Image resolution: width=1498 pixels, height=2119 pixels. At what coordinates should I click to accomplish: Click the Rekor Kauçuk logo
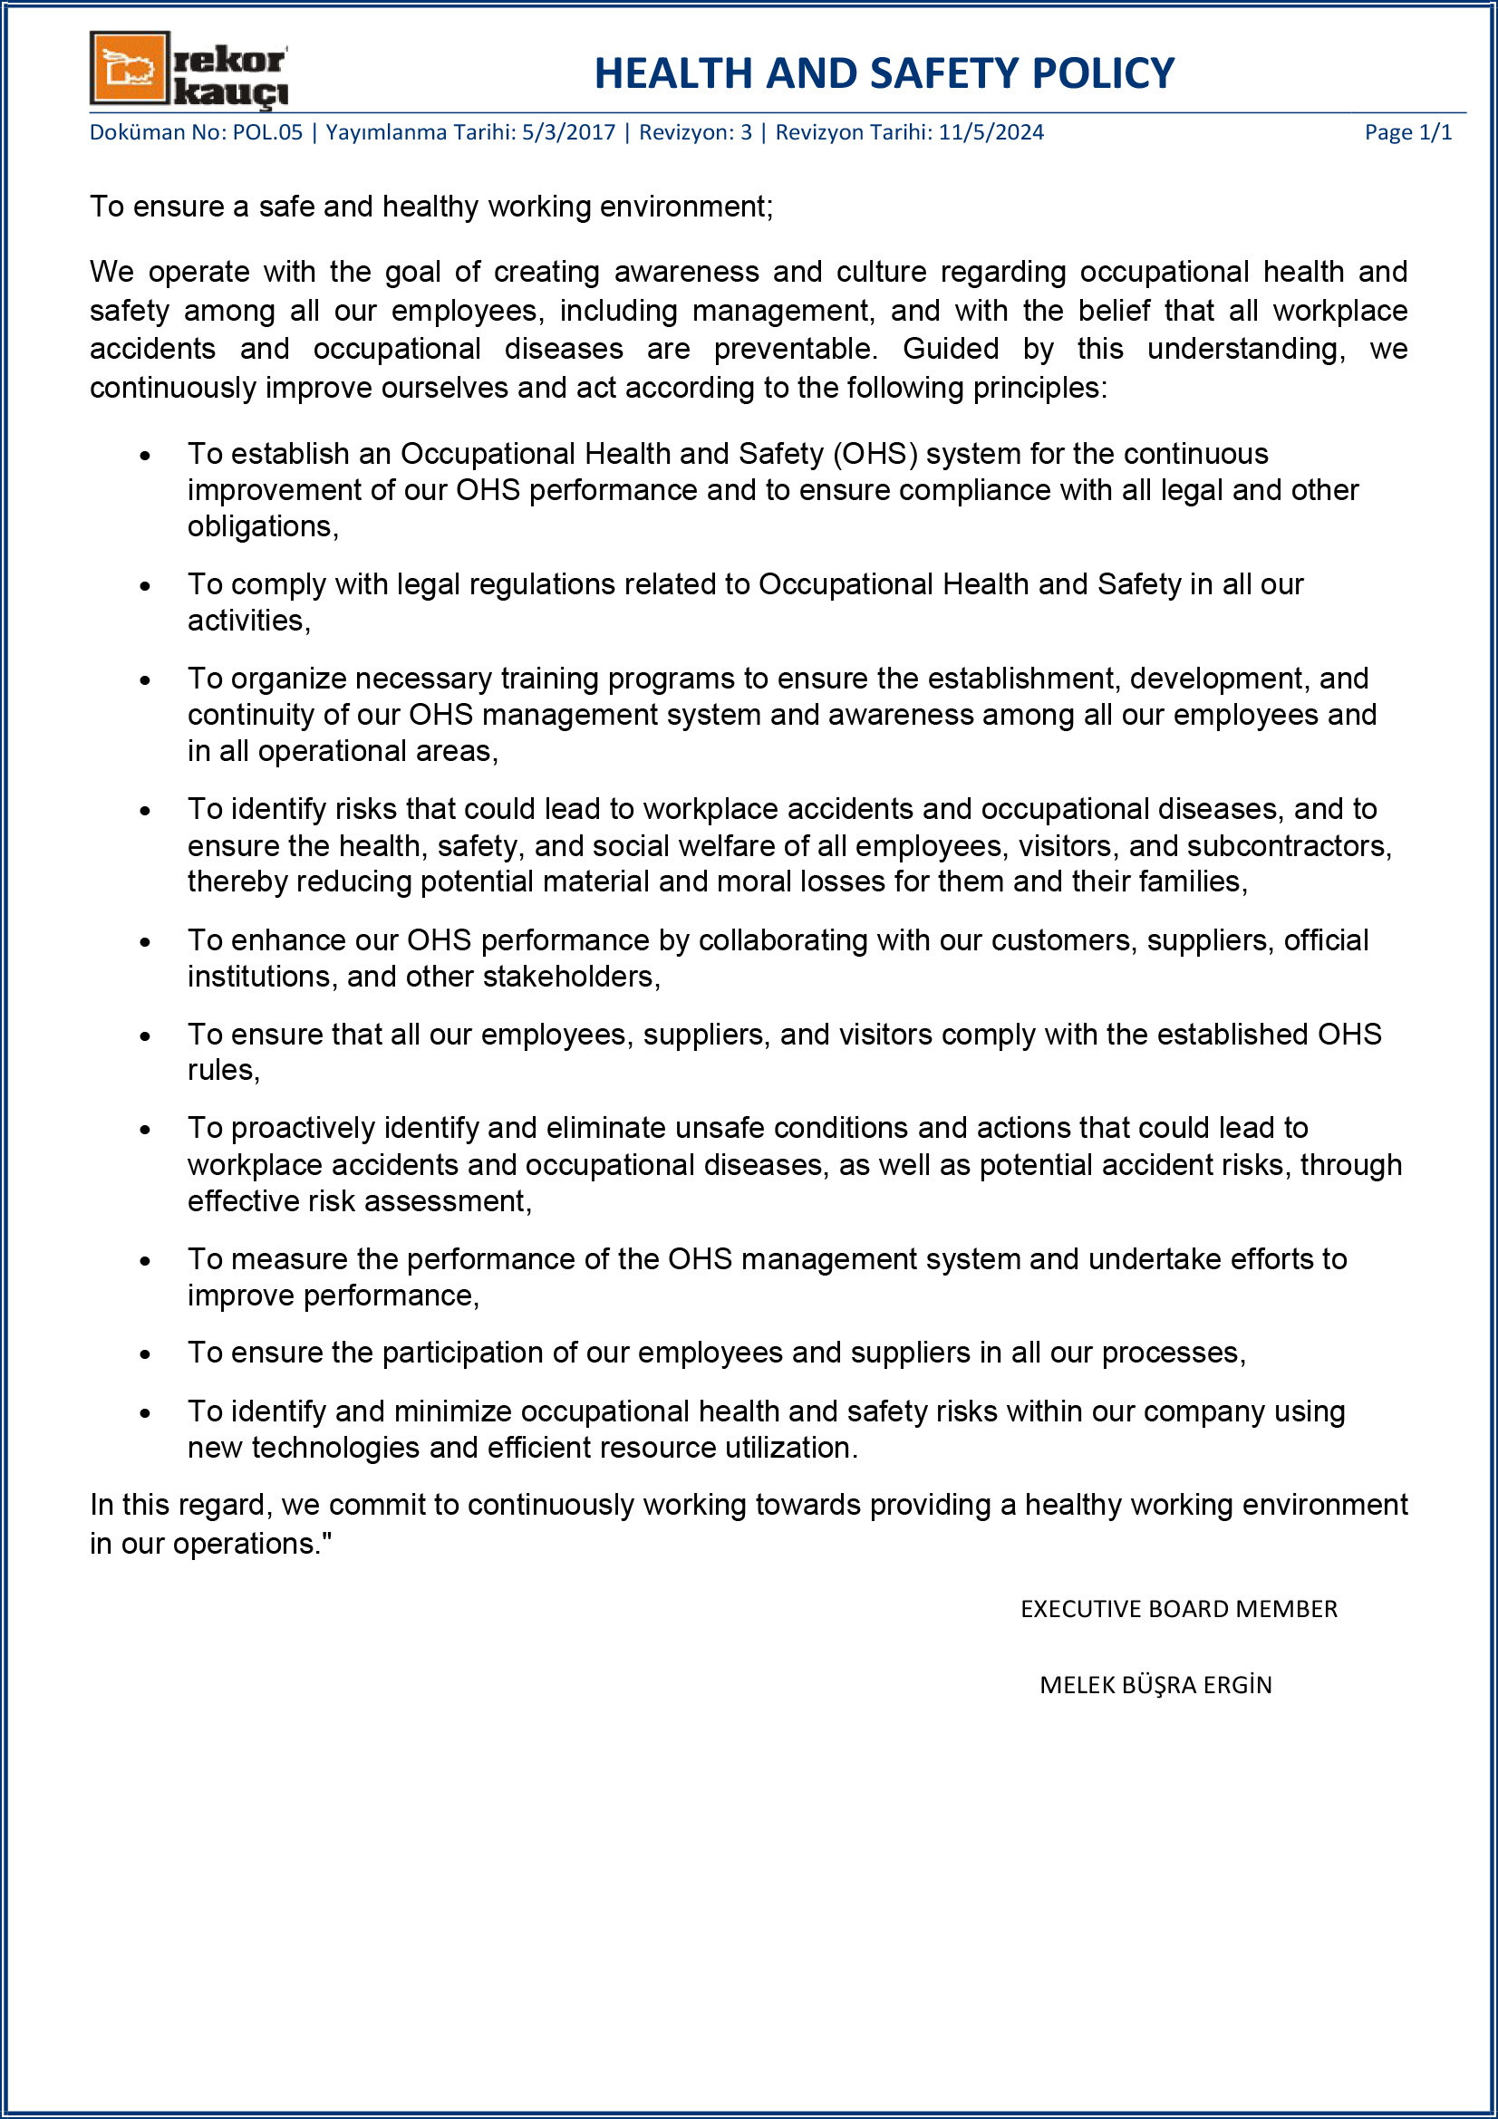point(188,69)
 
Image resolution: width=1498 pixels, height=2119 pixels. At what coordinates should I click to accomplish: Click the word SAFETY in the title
point(943,73)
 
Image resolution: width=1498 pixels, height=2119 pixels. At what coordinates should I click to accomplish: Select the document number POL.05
point(266,133)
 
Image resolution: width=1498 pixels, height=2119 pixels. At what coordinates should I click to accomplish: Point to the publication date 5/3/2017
point(567,133)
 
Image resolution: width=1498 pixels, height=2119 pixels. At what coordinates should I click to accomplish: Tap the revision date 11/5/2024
point(991,133)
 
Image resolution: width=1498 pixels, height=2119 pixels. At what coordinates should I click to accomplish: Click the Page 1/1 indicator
point(1407,133)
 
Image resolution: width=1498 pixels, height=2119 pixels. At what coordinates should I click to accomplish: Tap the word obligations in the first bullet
point(261,527)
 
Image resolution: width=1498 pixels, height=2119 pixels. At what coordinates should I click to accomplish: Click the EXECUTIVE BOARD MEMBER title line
point(1178,1610)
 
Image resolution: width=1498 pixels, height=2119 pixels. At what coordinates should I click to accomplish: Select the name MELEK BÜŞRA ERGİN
point(1155,1685)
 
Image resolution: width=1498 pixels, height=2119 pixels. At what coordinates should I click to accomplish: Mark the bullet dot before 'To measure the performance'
point(145,1261)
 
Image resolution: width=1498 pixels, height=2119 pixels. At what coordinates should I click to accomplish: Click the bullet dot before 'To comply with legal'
point(145,586)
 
